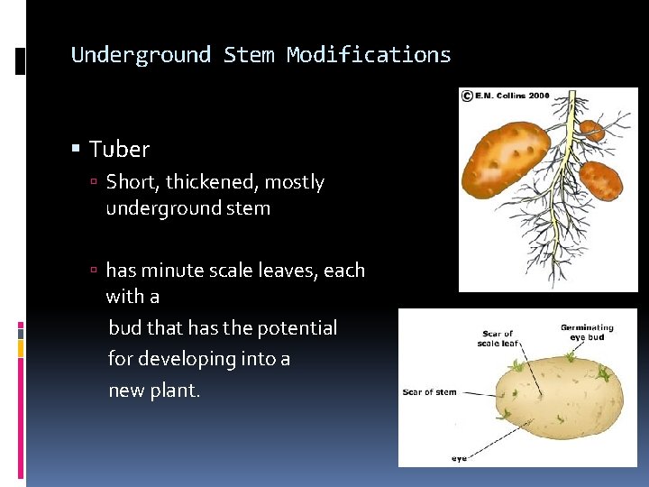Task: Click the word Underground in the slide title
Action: [x=141, y=55]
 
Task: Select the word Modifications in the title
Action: [x=369, y=55]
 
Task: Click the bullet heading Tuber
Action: [x=119, y=149]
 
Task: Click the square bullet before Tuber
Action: [x=78, y=149]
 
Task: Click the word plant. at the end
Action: [x=178, y=391]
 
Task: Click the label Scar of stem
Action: [x=430, y=392]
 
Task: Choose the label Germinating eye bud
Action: [x=587, y=333]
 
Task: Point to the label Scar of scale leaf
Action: [x=497, y=338]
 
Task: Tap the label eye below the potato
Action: [x=460, y=459]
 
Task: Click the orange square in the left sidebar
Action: [x=21, y=345]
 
